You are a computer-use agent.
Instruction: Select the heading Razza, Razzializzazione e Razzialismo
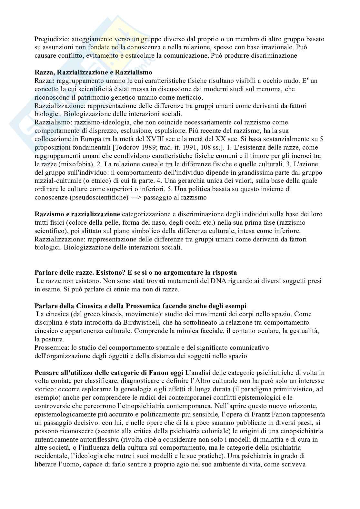pyautogui.click(x=93, y=72)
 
